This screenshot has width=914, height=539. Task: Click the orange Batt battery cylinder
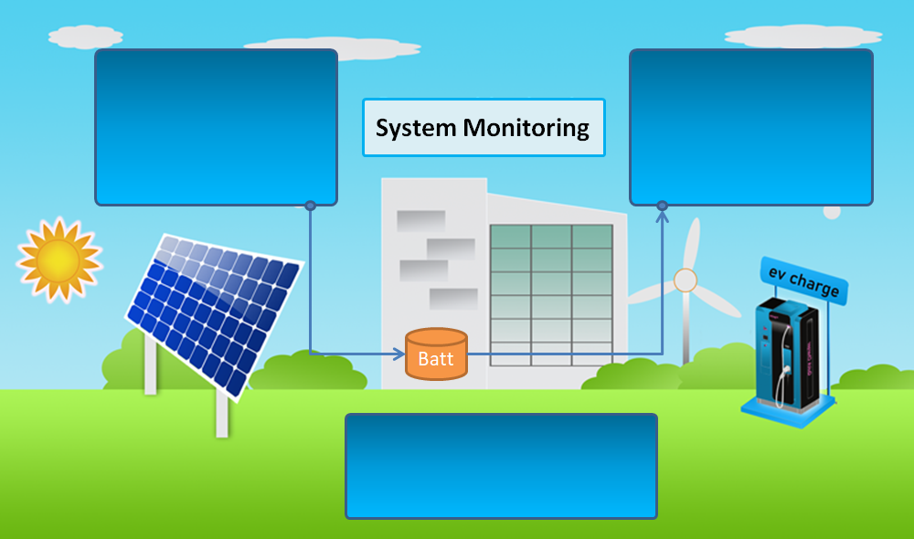pos(436,354)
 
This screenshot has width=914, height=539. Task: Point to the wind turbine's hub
pos(685,280)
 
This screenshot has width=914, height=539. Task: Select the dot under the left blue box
pos(310,206)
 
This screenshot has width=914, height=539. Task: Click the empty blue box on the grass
pos(501,466)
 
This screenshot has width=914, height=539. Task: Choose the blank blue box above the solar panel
pos(216,126)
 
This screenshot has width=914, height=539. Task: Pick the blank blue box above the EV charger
pos(751,126)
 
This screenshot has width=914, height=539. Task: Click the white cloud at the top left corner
pos(85,37)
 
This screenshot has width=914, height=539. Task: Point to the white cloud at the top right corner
pos(803,36)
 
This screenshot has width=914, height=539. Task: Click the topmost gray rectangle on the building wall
pos(420,221)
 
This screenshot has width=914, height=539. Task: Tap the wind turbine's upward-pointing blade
pos(693,242)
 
